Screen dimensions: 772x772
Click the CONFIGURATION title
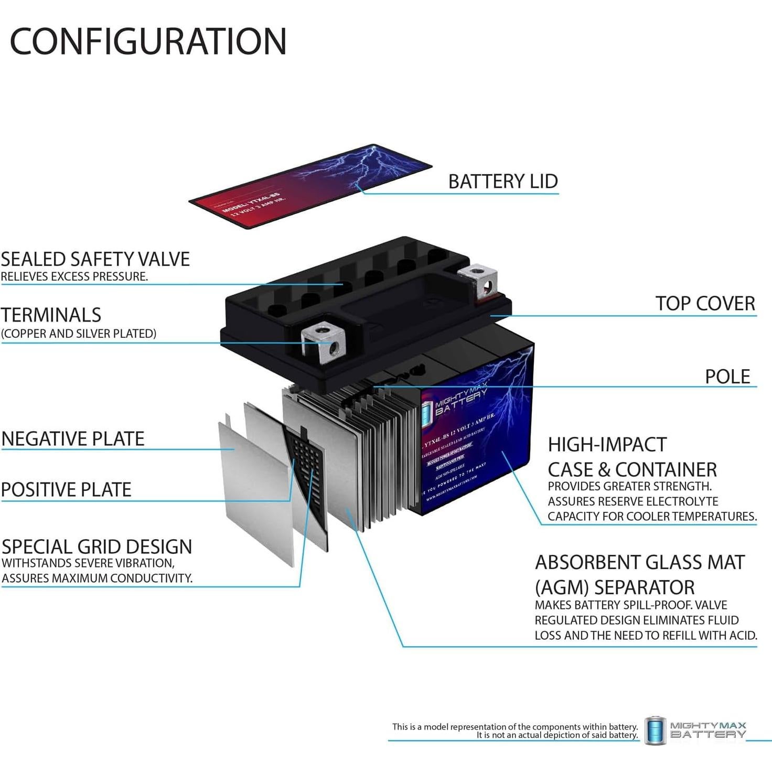[148, 41]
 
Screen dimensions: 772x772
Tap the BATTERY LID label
[502, 181]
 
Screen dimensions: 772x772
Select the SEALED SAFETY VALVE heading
[95, 259]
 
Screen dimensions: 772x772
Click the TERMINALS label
[51, 315]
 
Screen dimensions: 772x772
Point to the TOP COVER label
[705, 304]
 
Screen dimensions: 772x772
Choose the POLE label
[727, 377]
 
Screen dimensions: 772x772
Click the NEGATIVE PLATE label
[73, 439]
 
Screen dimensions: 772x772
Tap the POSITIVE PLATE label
[66, 490]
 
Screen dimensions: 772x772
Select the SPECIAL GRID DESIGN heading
[97, 547]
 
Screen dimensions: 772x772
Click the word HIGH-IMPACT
[607, 445]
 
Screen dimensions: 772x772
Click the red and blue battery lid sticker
[309, 186]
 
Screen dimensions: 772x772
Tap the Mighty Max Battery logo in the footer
[695, 730]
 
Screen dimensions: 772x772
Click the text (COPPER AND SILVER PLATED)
[79, 334]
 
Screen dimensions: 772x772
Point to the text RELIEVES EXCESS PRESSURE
[74, 276]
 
